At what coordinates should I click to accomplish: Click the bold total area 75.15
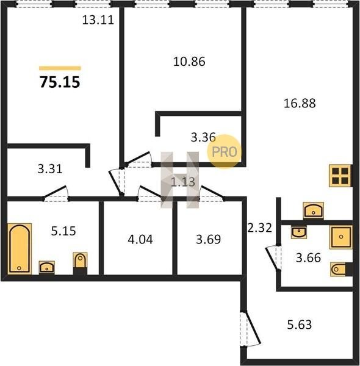(x=60, y=82)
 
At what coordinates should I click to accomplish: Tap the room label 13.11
(x=98, y=20)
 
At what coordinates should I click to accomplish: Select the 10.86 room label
(x=189, y=62)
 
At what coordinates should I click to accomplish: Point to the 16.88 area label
(x=300, y=103)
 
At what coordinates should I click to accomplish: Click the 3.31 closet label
(x=50, y=169)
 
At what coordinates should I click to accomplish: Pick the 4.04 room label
(x=140, y=240)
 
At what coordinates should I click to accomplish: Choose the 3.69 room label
(x=208, y=239)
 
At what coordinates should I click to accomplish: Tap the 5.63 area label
(x=300, y=325)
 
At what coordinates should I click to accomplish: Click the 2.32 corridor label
(x=259, y=228)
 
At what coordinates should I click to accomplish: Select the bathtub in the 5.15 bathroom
(x=20, y=249)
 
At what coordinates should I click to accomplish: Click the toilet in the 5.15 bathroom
(x=80, y=260)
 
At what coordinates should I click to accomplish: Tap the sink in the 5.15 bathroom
(x=47, y=267)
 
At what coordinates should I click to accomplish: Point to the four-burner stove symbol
(x=340, y=176)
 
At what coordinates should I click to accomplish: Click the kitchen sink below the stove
(x=313, y=210)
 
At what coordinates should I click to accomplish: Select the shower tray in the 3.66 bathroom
(x=341, y=237)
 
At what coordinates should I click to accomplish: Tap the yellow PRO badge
(x=224, y=152)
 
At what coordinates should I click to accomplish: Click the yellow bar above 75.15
(x=60, y=68)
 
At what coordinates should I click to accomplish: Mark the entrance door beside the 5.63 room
(x=250, y=329)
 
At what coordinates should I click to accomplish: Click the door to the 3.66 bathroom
(x=273, y=258)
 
